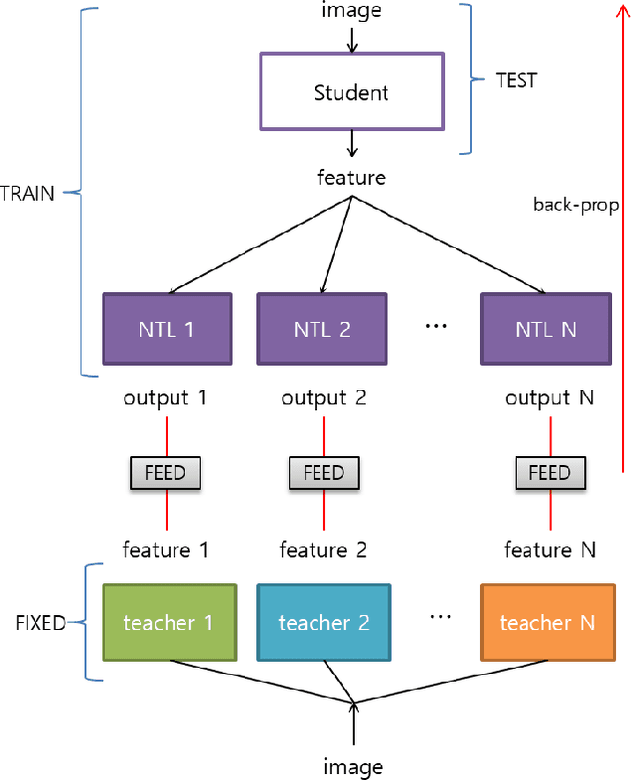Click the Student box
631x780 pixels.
351,93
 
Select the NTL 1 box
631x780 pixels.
167,329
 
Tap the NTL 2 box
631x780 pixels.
322,329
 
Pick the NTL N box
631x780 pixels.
545,329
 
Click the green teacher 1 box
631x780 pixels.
169,622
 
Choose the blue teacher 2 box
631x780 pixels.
323,622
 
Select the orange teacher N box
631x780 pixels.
546,622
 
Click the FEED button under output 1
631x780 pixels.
166,472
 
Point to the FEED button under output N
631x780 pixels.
549,472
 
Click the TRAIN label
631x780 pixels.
29,193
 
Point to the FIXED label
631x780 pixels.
40,623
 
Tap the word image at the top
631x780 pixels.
351,12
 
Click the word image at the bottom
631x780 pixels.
352,766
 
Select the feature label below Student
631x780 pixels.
351,178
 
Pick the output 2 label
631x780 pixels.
323,399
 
